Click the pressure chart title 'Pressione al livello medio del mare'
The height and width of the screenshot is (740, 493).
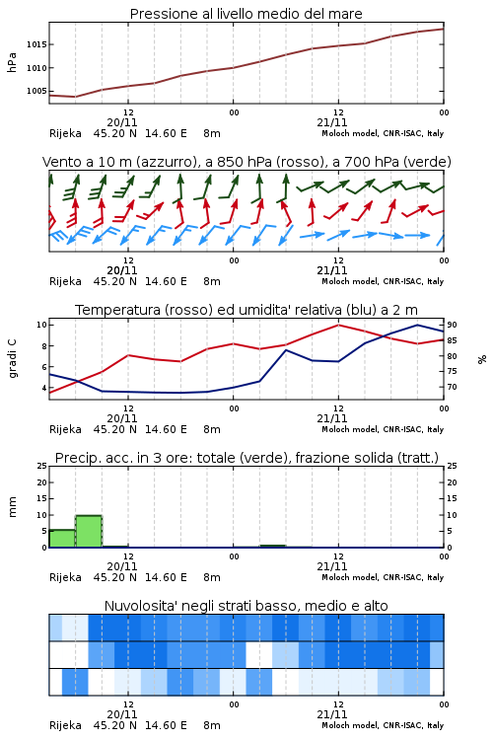[246, 14]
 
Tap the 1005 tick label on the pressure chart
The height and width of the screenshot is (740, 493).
[36, 91]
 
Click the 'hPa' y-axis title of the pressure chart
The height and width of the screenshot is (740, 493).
[12, 62]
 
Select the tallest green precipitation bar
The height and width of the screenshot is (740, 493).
[89, 532]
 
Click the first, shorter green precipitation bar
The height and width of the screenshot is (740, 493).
[62, 539]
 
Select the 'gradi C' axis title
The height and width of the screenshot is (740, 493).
[12, 359]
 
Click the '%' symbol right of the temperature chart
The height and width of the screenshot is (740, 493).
[482, 359]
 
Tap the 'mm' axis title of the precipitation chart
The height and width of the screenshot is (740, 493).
[12, 507]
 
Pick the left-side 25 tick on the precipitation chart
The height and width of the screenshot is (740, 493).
[42, 466]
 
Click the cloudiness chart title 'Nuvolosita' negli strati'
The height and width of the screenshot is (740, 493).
[203, 606]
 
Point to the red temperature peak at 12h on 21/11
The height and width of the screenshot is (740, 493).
[338, 325]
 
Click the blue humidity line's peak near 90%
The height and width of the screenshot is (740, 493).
[417, 325]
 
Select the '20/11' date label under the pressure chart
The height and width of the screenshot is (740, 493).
[122, 122]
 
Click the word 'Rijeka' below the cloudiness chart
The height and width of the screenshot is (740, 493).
[66, 725]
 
